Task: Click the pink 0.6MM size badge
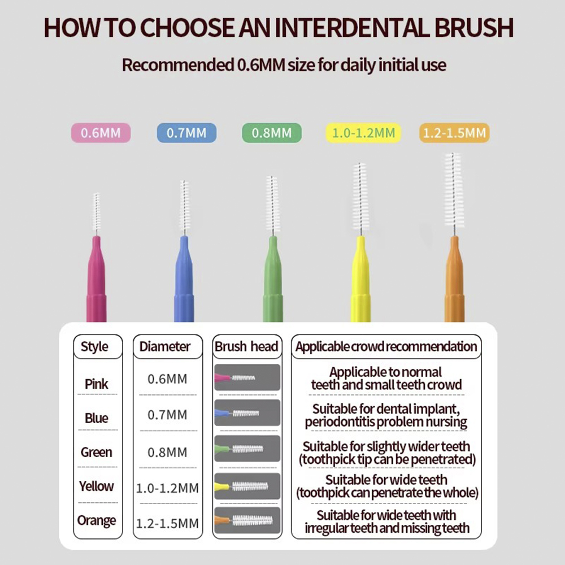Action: point(101,133)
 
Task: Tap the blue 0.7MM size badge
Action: point(186,133)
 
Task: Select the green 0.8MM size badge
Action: point(272,133)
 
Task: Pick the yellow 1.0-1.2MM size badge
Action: point(363,133)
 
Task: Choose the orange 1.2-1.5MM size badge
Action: point(454,133)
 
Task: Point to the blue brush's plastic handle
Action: point(184,279)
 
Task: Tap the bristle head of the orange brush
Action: point(453,189)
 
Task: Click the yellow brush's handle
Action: point(360,279)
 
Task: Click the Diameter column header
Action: point(168,347)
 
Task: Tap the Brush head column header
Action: point(247,347)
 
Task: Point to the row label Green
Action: point(96,452)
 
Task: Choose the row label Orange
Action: point(97,520)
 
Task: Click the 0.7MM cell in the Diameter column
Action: point(168,415)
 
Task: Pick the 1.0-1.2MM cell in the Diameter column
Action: point(168,488)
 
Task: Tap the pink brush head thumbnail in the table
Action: point(247,377)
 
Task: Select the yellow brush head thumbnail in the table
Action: point(247,486)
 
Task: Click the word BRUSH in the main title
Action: point(474,28)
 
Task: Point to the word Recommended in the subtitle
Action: point(178,65)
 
